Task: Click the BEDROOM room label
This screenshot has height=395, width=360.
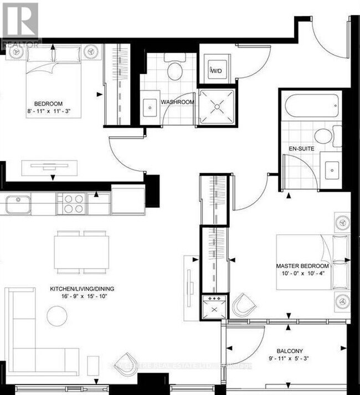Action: [x=48, y=104]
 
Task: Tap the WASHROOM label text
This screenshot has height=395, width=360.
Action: [x=177, y=102]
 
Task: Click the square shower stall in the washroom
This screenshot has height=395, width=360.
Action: [x=217, y=104]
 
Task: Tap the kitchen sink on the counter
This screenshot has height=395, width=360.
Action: [x=18, y=203]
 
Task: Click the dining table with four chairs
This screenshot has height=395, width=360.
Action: [x=81, y=252]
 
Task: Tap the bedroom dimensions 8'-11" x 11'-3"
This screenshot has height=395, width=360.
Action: [x=48, y=111]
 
